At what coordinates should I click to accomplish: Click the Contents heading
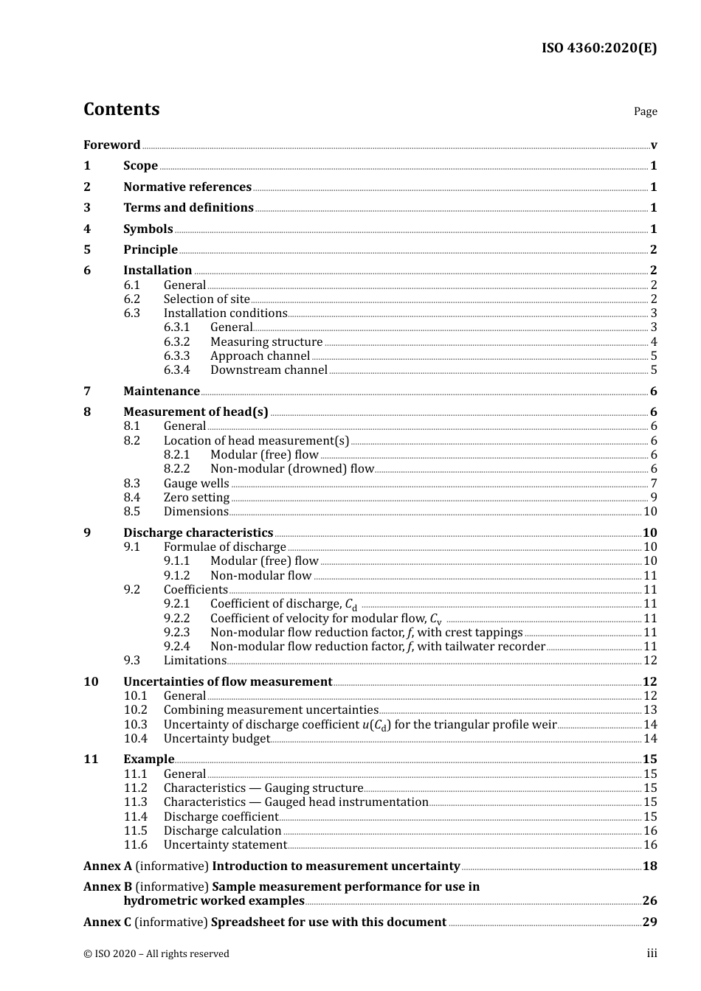121,109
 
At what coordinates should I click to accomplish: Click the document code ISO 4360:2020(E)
598,48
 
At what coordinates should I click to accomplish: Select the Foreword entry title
111,145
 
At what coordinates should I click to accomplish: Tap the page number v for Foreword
653,145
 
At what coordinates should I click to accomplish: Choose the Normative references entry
187,187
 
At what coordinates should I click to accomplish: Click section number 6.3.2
176,341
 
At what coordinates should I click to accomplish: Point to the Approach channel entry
260,355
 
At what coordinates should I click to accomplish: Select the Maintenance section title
161,391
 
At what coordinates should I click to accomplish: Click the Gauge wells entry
196,483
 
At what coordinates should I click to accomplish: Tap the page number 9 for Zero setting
653,497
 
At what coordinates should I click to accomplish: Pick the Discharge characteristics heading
198,532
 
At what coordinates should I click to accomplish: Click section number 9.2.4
176,646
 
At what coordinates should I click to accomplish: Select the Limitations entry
195,660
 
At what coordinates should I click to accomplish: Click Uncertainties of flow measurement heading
227,681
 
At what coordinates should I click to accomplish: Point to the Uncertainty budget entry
216,738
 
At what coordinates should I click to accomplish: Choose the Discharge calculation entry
222,830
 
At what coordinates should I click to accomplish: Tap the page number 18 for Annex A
649,866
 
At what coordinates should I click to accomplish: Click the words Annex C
107,922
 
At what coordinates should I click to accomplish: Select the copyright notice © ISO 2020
156,953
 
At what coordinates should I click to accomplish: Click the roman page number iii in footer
652,953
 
